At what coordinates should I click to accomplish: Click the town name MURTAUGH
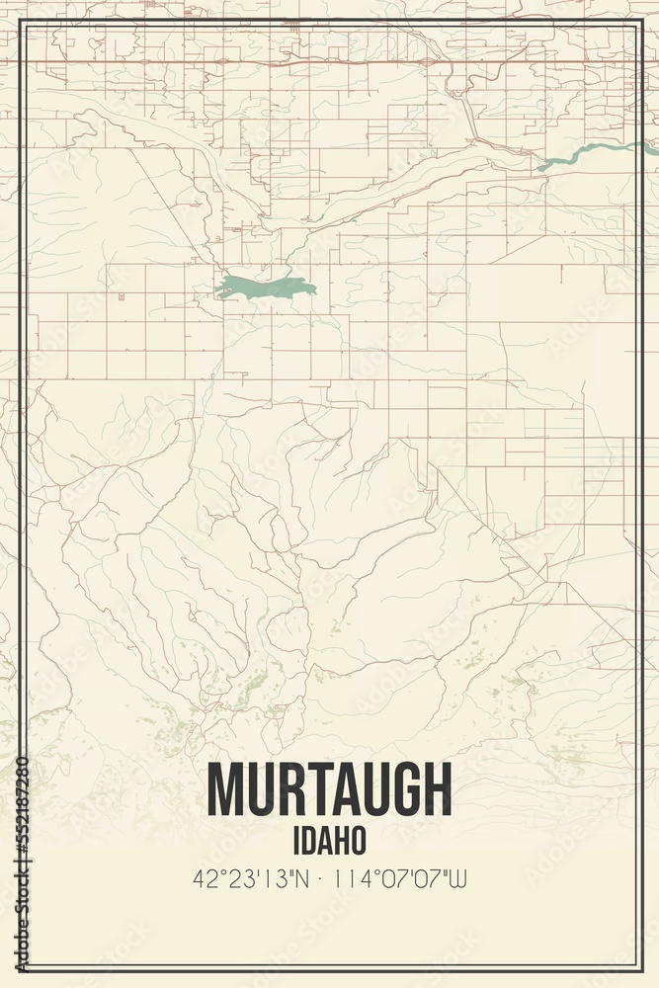pyautogui.click(x=329, y=790)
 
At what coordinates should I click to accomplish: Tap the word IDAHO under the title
pyautogui.click(x=330, y=840)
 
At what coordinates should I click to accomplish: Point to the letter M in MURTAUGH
pyautogui.click(x=228, y=790)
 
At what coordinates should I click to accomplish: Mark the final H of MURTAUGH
pyautogui.click(x=434, y=790)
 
